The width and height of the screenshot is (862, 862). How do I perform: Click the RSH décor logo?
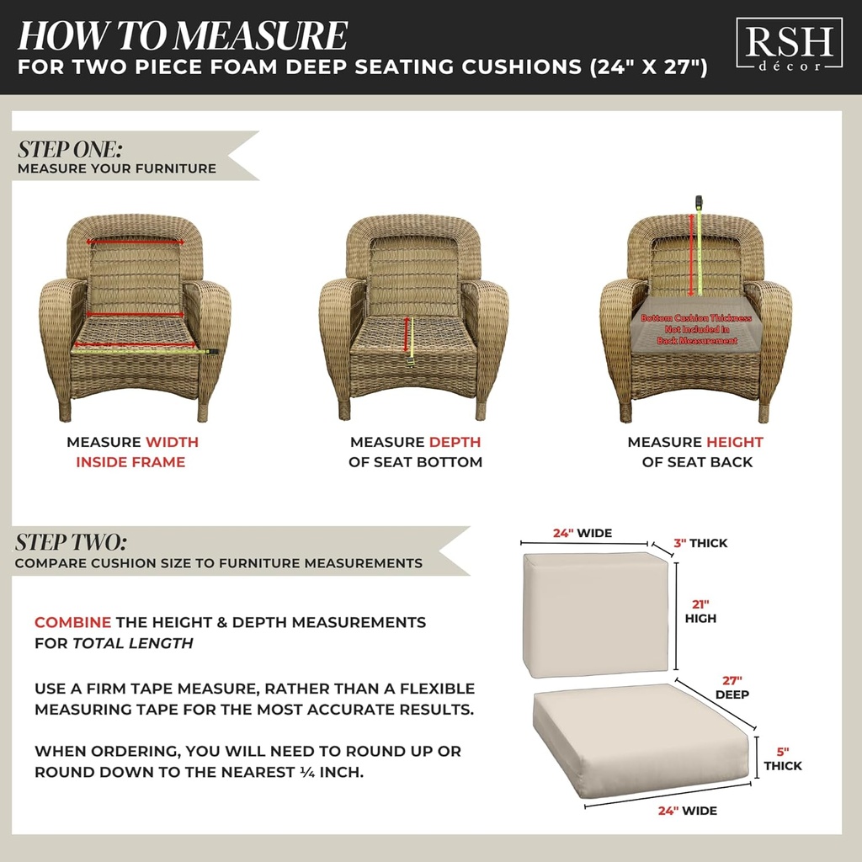tap(788, 47)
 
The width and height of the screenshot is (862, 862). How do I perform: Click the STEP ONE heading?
tap(70, 149)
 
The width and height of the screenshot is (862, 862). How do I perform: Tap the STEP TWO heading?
tap(71, 541)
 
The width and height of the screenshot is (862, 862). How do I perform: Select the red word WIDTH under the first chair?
tap(172, 442)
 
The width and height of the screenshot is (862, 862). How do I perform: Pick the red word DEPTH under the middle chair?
tap(455, 442)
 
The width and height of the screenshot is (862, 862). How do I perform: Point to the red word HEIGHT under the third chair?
tap(734, 442)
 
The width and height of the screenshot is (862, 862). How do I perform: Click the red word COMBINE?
tap(72, 623)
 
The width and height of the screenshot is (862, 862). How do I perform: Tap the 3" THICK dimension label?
tap(700, 543)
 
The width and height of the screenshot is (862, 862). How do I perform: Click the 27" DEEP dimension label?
tap(732, 687)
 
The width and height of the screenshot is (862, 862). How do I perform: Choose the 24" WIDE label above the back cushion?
tap(582, 533)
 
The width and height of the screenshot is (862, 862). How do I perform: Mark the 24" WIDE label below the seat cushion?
tap(687, 811)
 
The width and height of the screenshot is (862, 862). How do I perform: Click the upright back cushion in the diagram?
tap(595, 613)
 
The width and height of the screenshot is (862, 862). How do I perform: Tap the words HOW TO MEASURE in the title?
tap(182, 35)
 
